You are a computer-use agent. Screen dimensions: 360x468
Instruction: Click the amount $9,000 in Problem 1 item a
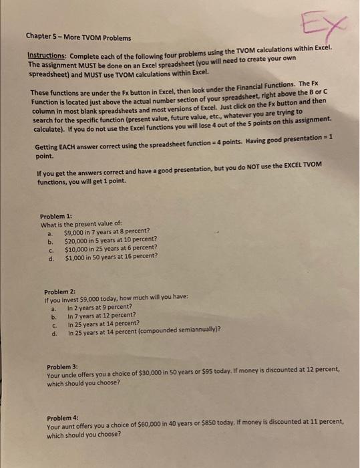tap(75, 233)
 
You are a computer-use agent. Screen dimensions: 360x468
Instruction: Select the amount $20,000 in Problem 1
tap(77, 240)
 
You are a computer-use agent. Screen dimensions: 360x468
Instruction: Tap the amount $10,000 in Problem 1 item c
tap(77, 247)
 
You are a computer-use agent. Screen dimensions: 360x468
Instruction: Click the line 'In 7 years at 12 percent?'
tap(102, 316)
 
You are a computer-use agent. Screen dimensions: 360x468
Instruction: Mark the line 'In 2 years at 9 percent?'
tap(101, 308)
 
